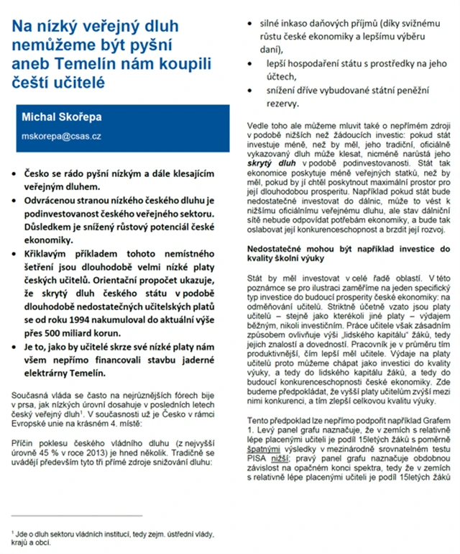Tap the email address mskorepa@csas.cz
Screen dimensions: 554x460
[61, 135]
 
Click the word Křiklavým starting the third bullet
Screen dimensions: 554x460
[52, 248]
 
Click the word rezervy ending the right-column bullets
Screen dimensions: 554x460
[272, 104]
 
